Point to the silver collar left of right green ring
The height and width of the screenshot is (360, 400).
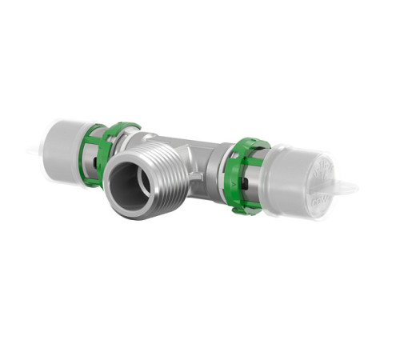point(218,172)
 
